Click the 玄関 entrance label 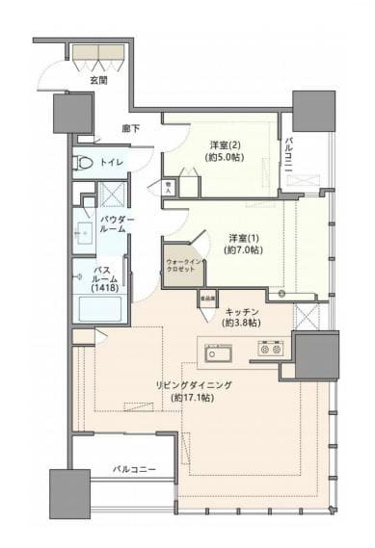(98, 81)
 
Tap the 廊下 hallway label (132, 128)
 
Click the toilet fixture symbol (83, 162)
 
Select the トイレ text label (111, 162)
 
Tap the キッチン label (241, 312)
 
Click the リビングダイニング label (195, 384)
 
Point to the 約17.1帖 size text (194, 397)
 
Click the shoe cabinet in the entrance (98, 57)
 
